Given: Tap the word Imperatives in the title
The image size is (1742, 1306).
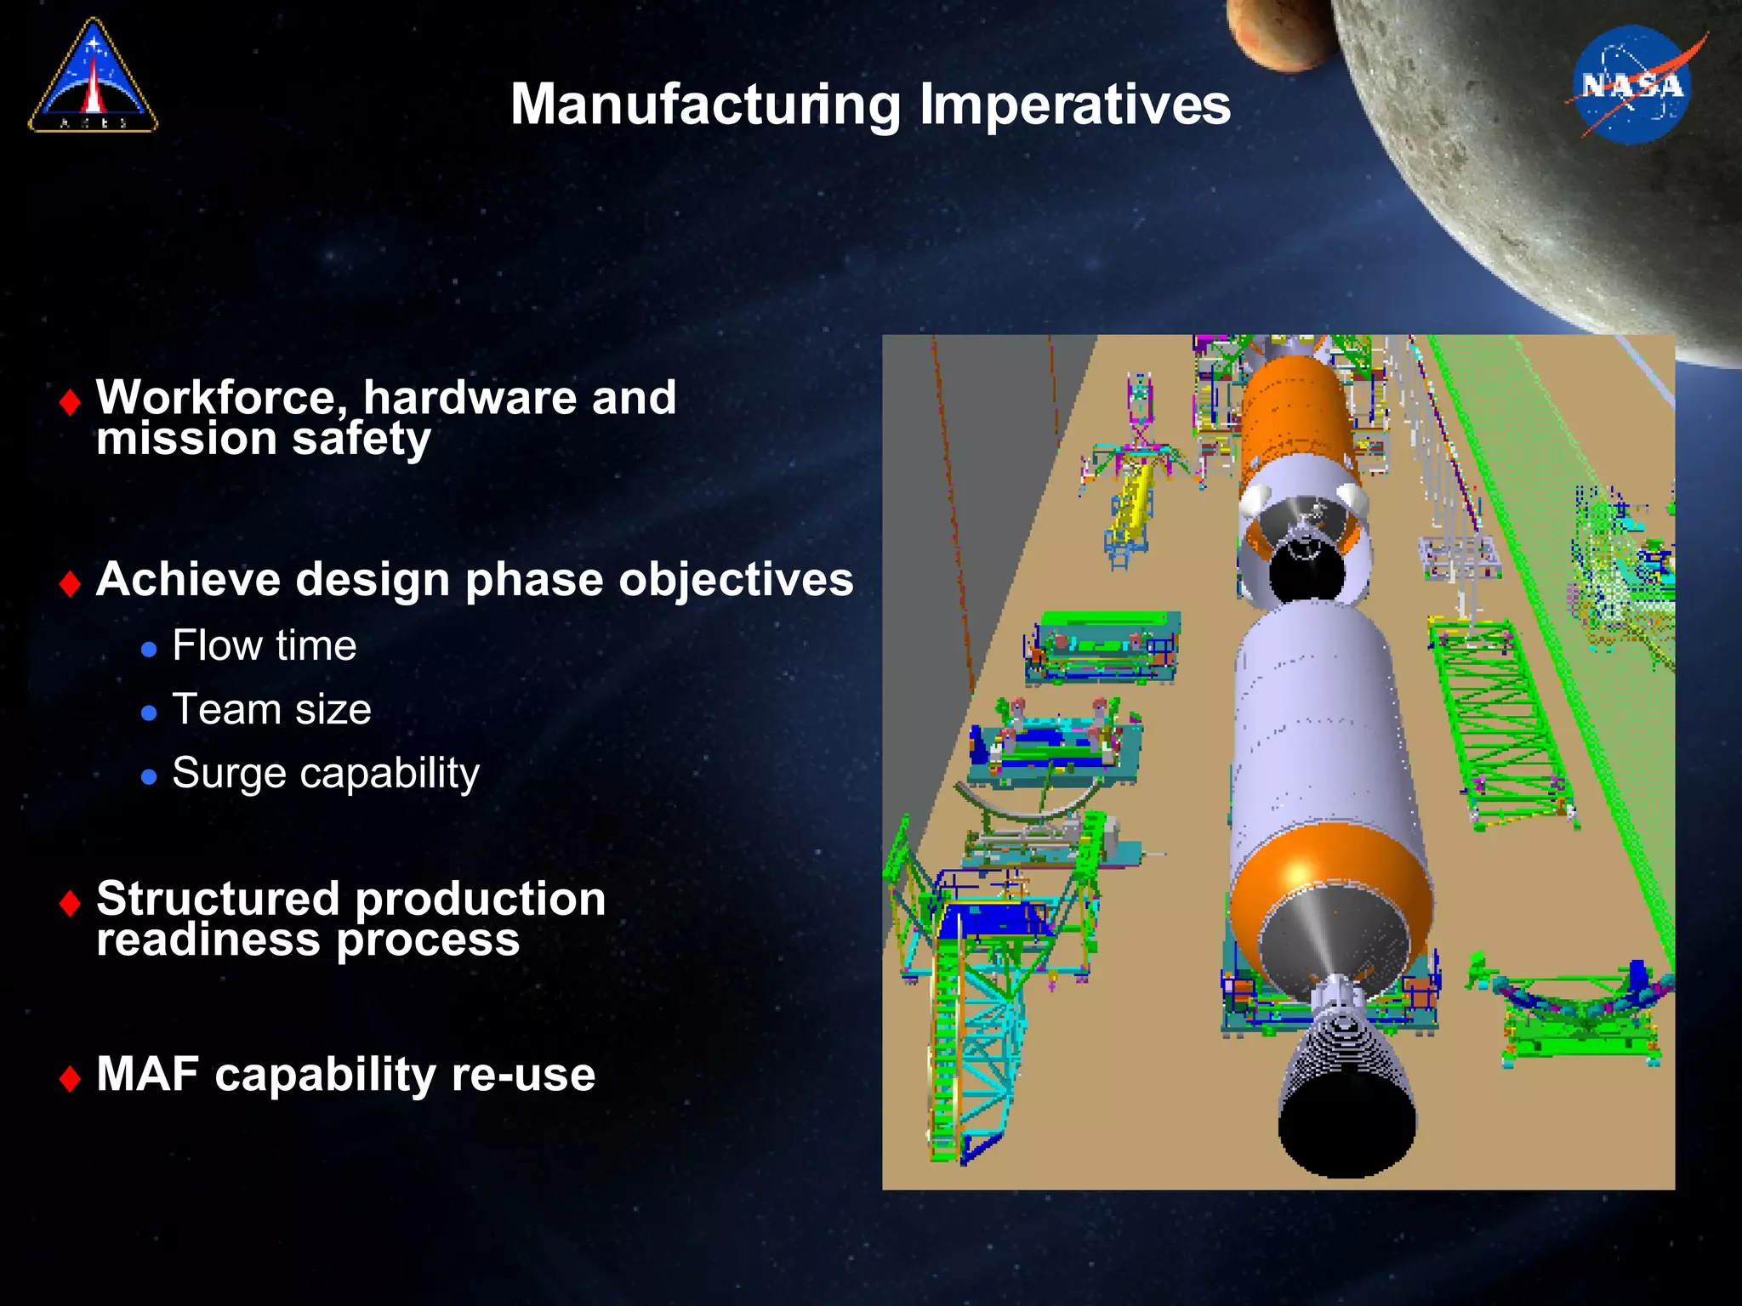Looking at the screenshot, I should tap(1075, 105).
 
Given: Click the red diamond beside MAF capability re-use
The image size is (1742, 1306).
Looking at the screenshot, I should tap(71, 1078).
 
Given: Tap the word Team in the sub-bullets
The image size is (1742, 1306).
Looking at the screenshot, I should tap(226, 709).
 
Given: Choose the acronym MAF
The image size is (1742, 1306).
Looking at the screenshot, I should tap(147, 1074).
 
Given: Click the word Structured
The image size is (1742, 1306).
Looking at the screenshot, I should tap(218, 899).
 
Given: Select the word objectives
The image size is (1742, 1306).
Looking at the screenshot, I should tap(736, 580).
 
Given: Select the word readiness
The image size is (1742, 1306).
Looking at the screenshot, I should tap(208, 940).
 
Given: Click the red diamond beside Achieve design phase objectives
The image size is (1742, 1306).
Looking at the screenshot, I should tap(71, 584).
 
